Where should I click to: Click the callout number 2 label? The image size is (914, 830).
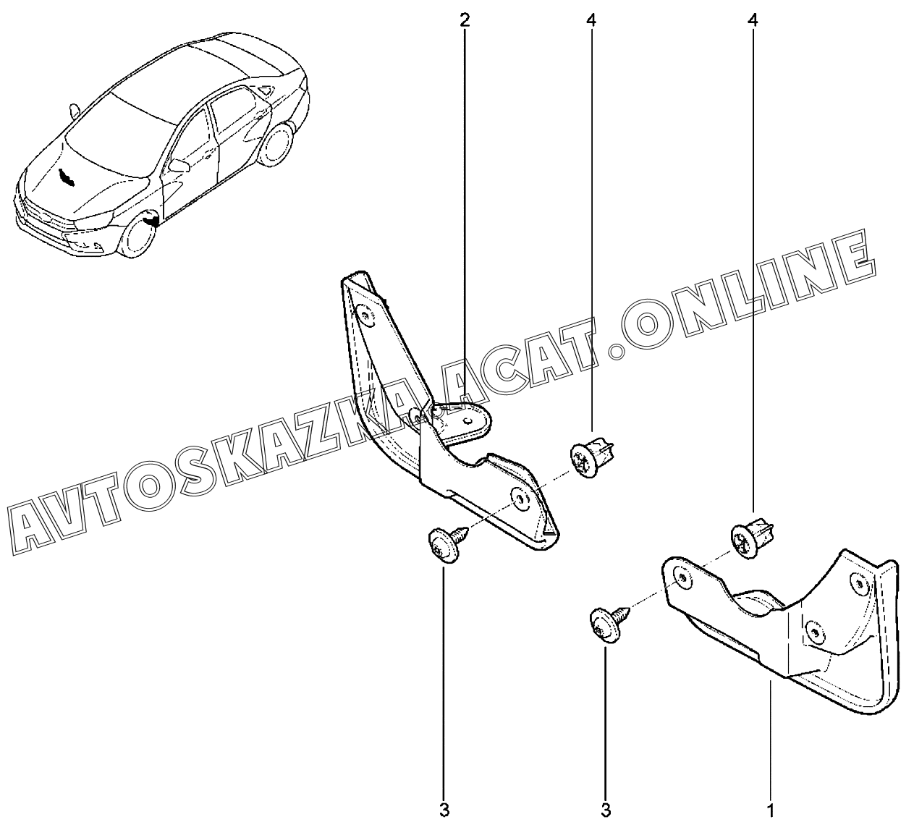click(x=465, y=20)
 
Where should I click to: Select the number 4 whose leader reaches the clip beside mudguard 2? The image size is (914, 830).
click(x=591, y=20)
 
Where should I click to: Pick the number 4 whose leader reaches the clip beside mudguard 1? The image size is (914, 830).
click(x=753, y=20)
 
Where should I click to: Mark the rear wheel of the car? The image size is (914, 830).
click(x=276, y=146)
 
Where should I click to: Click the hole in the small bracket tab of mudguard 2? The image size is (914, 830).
click(x=472, y=418)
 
